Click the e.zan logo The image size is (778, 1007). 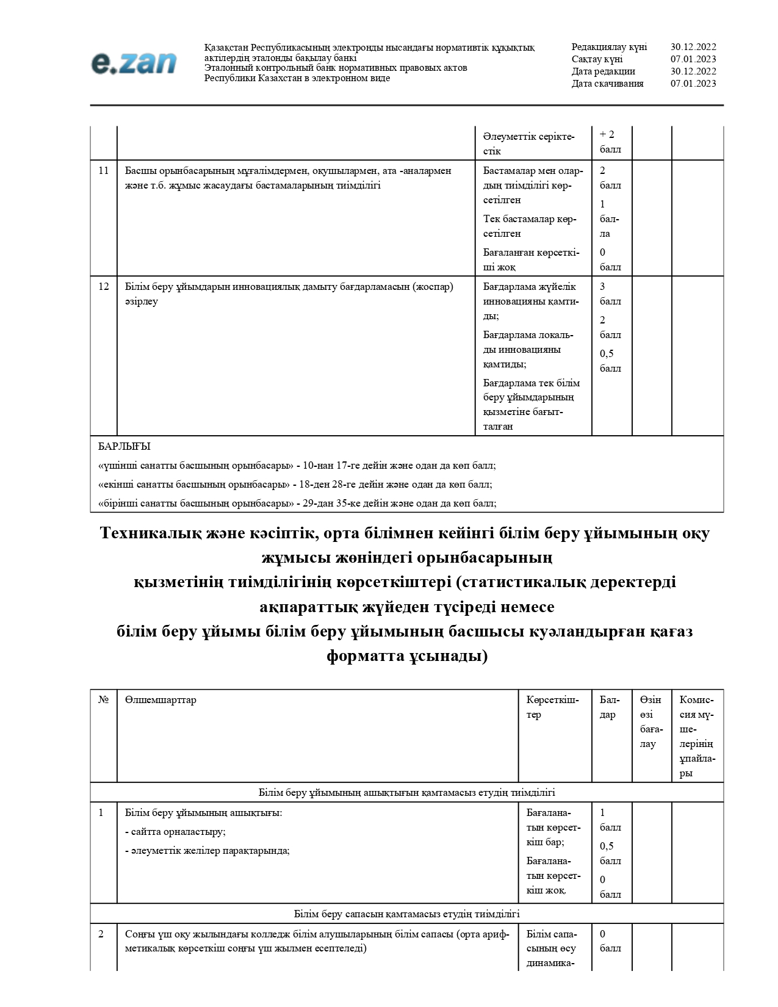[134, 63]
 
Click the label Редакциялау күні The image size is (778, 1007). [609, 47]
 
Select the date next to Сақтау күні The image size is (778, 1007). [693, 59]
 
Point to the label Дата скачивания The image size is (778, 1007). [607, 84]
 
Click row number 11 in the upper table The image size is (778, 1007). [104, 171]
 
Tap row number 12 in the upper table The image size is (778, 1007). [104, 287]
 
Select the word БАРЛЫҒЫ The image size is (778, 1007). [124, 447]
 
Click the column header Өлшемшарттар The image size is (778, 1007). [160, 700]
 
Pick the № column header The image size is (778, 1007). [104, 700]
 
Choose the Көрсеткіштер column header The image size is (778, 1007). [552, 707]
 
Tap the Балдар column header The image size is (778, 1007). [610, 707]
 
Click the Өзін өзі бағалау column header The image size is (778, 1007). [650, 722]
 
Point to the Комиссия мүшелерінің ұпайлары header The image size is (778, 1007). [696, 737]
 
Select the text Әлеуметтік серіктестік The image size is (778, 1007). [528, 143]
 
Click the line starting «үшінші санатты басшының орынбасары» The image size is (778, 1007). [297, 466]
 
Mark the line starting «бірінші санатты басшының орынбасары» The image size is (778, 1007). [297, 504]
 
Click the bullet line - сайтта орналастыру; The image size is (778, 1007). [176, 832]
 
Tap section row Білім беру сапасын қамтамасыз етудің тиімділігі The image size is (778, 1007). [406, 914]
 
